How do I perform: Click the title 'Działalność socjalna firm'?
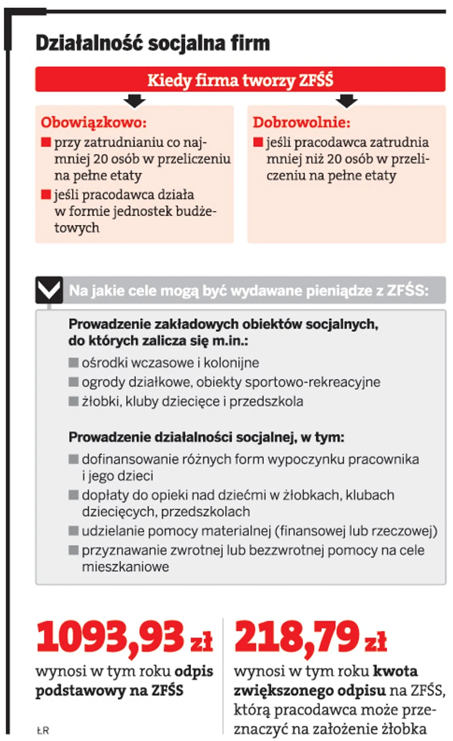point(153,43)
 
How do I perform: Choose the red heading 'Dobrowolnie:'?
point(301,122)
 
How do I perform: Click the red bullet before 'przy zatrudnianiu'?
point(46,142)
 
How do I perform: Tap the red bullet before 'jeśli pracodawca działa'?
point(46,195)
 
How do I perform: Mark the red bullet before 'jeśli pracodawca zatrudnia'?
point(258,142)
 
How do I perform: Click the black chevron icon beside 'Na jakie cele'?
point(49,290)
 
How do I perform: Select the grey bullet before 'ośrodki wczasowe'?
point(73,363)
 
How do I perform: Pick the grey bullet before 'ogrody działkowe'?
point(73,383)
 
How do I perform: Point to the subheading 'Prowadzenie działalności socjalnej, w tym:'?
point(206,437)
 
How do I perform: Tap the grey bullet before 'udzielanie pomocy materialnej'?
point(73,531)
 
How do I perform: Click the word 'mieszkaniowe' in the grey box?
point(125,567)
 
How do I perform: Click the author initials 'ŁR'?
point(42,730)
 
